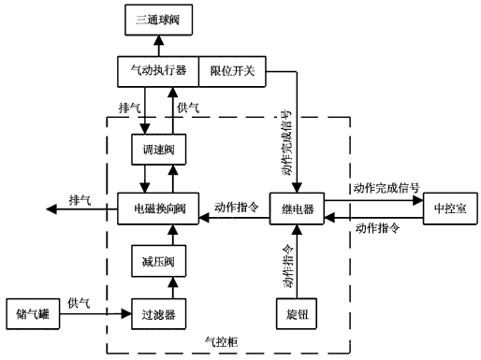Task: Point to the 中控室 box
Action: [x=451, y=208]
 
